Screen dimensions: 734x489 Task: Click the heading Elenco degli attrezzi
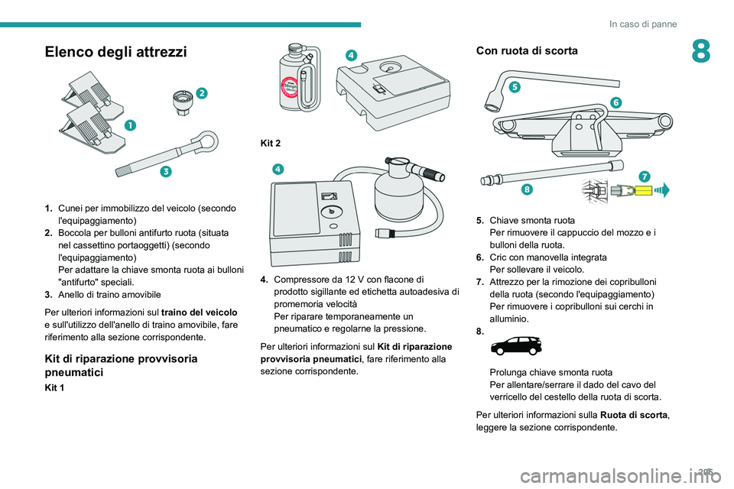pyautogui.click(x=115, y=51)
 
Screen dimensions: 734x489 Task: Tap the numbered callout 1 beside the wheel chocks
pyautogui.click(x=130, y=125)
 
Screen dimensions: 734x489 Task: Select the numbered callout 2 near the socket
pyautogui.click(x=201, y=93)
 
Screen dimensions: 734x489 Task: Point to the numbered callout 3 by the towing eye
pyautogui.click(x=166, y=172)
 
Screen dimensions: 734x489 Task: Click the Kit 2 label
pyautogui.click(x=271, y=143)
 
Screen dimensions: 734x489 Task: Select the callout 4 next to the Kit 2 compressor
pyautogui.click(x=278, y=169)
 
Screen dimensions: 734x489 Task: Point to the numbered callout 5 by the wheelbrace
pyautogui.click(x=515, y=87)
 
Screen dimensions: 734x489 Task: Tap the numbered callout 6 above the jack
pyautogui.click(x=616, y=102)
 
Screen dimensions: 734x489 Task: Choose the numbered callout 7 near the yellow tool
pyautogui.click(x=645, y=176)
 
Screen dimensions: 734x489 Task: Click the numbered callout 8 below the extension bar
pyautogui.click(x=527, y=189)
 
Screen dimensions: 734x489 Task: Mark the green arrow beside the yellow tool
pyautogui.click(x=662, y=190)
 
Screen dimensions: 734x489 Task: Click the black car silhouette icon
pyautogui.click(x=516, y=346)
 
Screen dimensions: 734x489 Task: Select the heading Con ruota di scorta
pyautogui.click(x=527, y=50)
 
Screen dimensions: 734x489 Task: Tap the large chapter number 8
pyautogui.click(x=700, y=51)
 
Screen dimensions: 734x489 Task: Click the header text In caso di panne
pyautogui.click(x=643, y=24)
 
